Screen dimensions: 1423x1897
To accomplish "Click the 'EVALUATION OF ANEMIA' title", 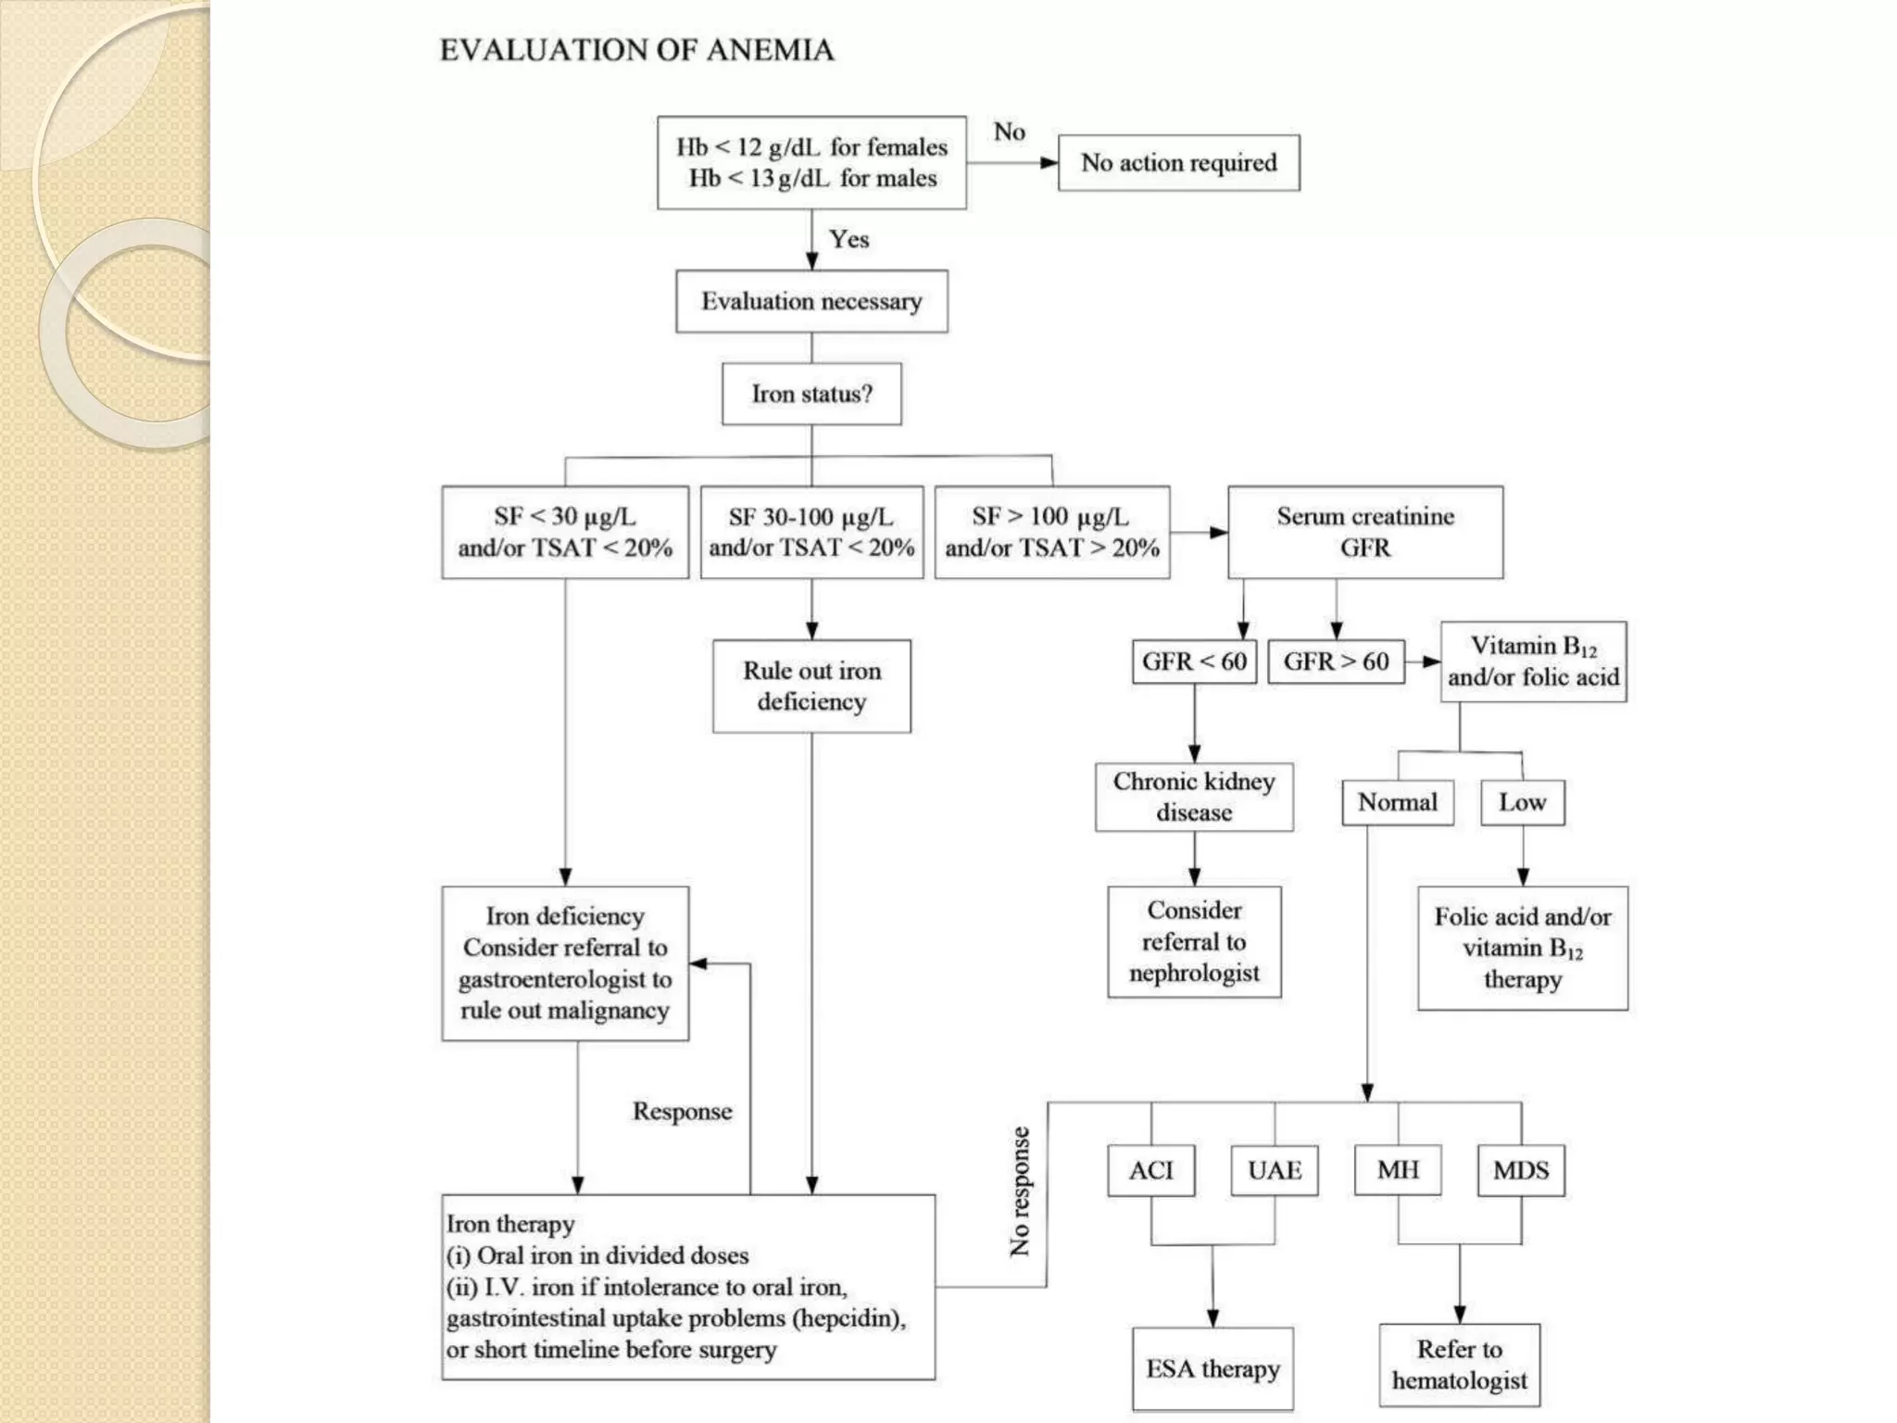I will tap(636, 50).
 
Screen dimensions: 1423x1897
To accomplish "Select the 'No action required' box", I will tap(1178, 163).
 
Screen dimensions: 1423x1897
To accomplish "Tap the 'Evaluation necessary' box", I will tap(811, 302).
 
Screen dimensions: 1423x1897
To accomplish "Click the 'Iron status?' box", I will tap(811, 395).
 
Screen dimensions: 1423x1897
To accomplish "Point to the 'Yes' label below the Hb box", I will tap(848, 239).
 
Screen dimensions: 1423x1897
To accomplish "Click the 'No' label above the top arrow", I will tap(1009, 132).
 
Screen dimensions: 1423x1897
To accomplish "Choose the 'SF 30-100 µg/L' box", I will tap(811, 533).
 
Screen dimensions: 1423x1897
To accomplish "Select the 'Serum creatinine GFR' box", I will tap(1365, 533).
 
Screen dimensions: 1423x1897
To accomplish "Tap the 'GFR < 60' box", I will tap(1194, 661).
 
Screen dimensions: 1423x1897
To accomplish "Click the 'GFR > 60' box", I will tap(1336, 661).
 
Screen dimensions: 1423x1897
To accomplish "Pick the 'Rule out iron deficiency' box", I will tap(811, 686).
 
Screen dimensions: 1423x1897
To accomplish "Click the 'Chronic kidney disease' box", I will tap(1194, 797).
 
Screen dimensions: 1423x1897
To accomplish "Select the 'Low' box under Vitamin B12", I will tap(1522, 802).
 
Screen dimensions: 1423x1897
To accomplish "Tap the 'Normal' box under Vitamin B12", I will tap(1397, 802).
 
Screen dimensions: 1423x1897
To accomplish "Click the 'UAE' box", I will tap(1275, 1171).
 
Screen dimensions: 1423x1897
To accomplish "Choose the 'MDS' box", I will tap(1521, 1171).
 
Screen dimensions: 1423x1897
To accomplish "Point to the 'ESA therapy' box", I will tap(1212, 1369).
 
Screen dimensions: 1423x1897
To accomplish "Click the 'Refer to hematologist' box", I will tap(1459, 1366).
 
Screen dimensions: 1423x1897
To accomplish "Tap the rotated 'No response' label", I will tap(1020, 1191).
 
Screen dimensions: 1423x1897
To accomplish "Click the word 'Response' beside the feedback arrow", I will tap(682, 1112).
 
